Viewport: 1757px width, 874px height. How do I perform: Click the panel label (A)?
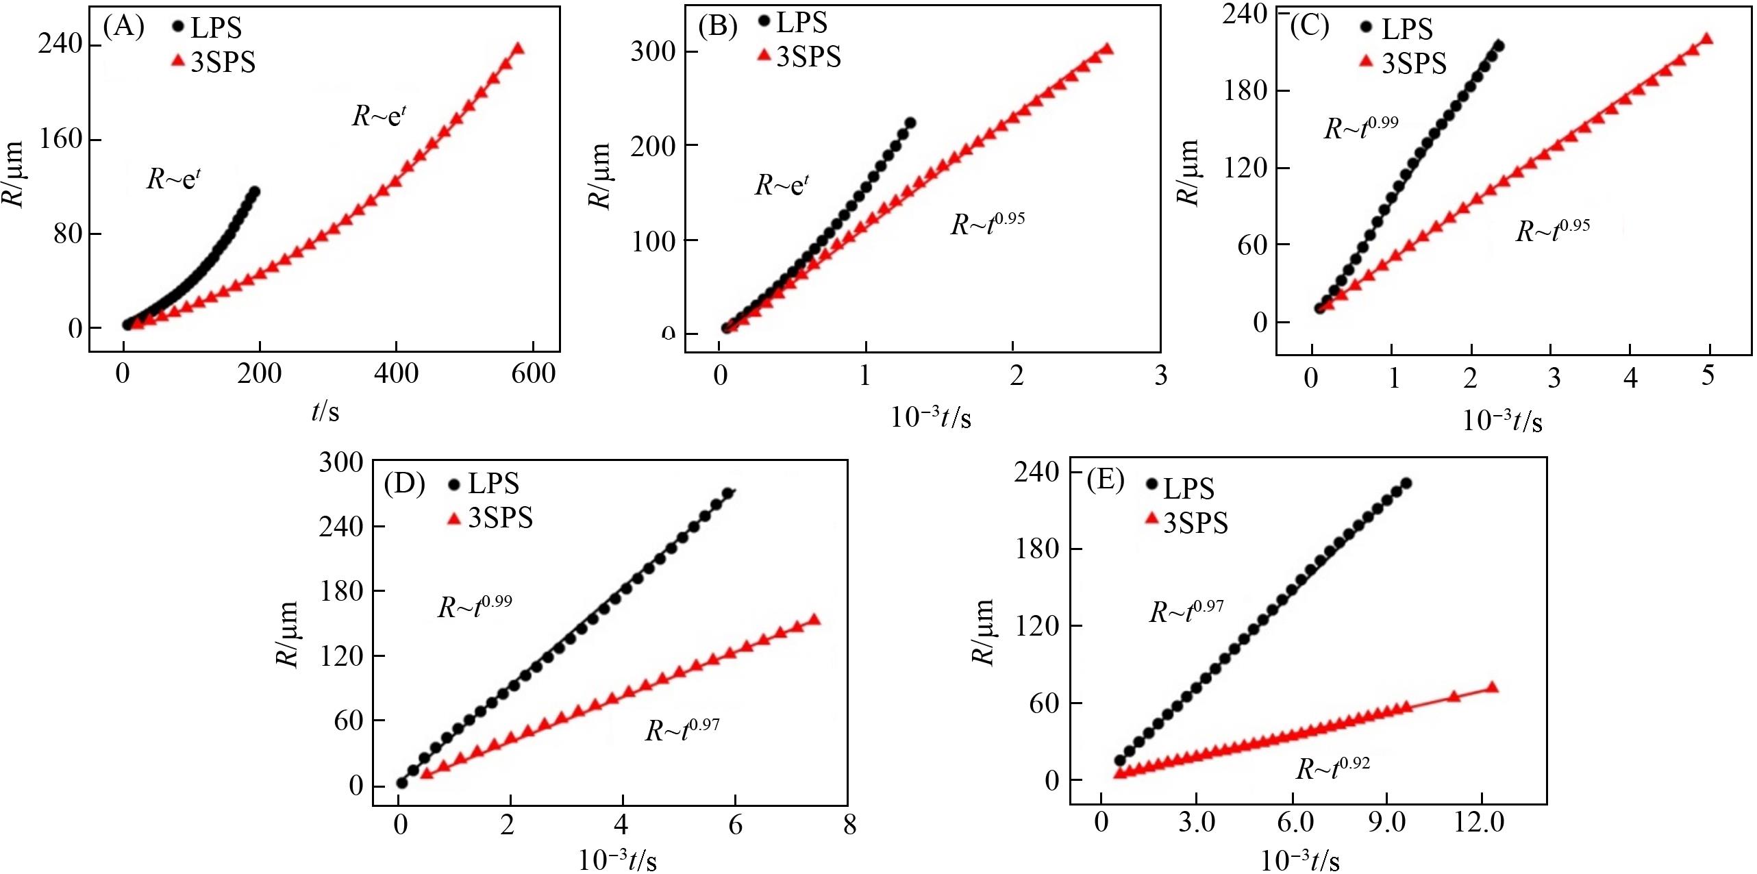[123, 27]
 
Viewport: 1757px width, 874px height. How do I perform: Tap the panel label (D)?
[404, 484]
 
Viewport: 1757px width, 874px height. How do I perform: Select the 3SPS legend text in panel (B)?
[808, 57]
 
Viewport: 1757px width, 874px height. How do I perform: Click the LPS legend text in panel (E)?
[1189, 489]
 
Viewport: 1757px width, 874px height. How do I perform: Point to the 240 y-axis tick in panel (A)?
[60, 45]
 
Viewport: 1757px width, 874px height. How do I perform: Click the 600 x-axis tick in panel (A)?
[533, 374]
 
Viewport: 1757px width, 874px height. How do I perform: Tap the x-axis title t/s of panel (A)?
[325, 412]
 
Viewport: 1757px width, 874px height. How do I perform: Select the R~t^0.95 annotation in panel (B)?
[987, 223]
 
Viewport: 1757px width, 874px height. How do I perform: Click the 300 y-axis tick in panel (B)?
[653, 51]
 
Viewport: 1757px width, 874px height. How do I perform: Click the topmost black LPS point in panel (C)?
[1498, 46]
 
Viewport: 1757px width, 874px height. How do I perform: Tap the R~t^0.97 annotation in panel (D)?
[682, 729]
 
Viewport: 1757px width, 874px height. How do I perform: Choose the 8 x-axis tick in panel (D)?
[849, 825]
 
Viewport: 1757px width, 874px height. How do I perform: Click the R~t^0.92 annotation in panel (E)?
[1332, 768]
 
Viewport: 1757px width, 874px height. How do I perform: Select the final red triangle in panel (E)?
[1494, 688]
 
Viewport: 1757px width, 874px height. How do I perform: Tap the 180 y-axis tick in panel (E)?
[1036, 549]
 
